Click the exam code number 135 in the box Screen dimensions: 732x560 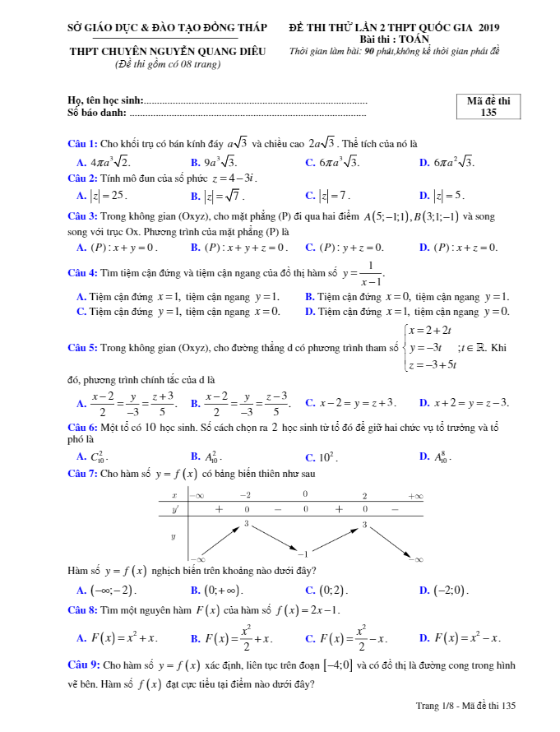(488, 113)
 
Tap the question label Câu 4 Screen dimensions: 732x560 (83, 272)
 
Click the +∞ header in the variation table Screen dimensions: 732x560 (415, 496)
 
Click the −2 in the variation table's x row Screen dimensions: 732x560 (245, 496)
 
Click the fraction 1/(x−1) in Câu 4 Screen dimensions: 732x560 (371, 272)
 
